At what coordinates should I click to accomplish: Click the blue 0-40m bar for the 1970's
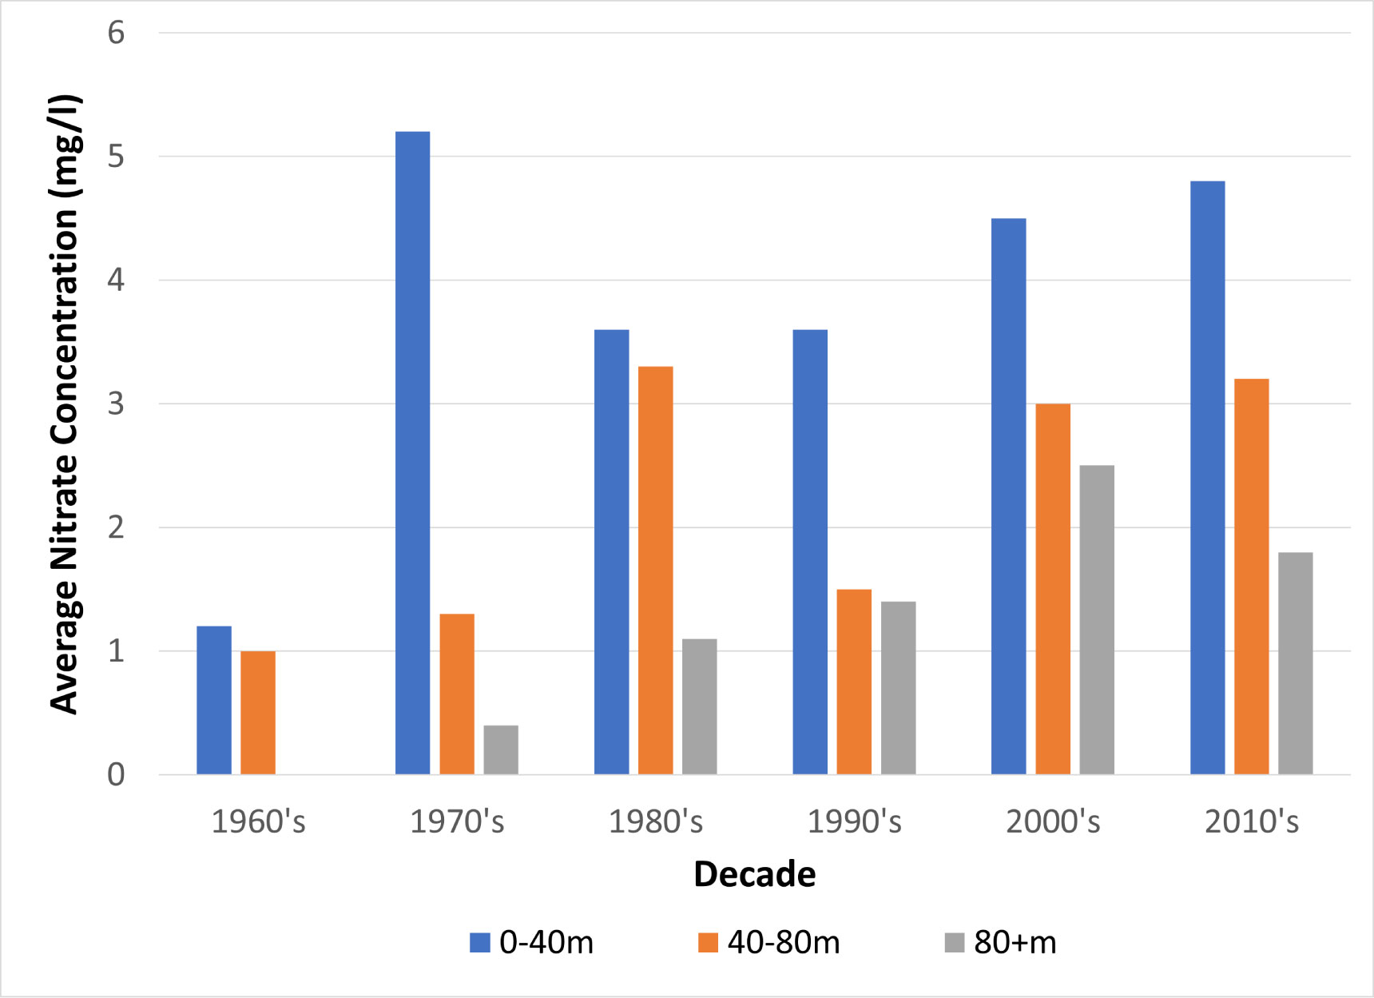pos(412,453)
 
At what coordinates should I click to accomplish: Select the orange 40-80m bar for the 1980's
pos(655,571)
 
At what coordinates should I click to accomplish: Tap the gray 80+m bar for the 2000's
pos(1097,620)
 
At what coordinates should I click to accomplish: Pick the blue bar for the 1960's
pos(214,700)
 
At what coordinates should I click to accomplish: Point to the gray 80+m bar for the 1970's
pos(501,749)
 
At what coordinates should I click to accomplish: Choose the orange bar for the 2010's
pos(1251,577)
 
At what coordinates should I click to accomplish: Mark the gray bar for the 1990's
pos(898,688)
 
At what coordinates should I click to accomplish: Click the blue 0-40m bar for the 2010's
pos(1207,478)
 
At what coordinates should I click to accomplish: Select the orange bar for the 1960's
pos(258,713)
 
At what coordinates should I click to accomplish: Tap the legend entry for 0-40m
pos(532,943)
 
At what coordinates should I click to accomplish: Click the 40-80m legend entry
pos(769,943)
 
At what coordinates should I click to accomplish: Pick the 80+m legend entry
pos(1000,943)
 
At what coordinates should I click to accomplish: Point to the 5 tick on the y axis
pos(117,157)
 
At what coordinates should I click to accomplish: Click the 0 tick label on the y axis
pos(117,774)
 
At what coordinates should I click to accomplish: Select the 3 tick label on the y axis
pos(117,404)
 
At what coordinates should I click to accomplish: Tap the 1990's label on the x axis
pos(854,821)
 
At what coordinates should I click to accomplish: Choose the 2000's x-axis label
pos(1053,821)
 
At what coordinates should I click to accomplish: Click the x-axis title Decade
pos(754,874)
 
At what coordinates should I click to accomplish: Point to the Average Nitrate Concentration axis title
pos(66,404)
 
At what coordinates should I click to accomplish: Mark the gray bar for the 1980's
pos(699,706)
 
